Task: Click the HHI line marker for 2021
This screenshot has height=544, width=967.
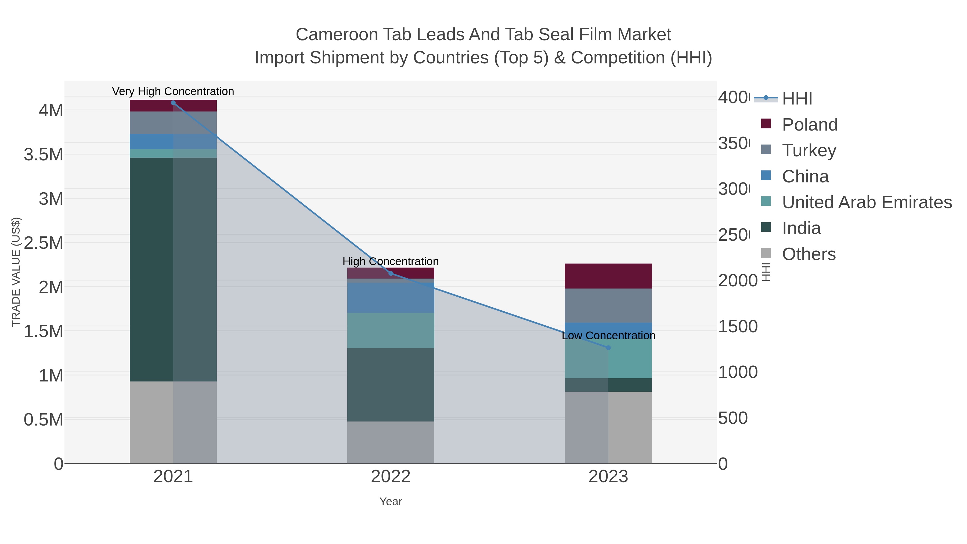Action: [x=173, y=103]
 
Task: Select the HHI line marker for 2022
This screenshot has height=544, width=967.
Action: [x=391, y=273]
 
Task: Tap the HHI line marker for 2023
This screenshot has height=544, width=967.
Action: [x=608, y=348]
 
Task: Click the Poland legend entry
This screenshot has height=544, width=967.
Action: [x=809, y=124]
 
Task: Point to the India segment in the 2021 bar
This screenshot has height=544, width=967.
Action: [x=173, y=269]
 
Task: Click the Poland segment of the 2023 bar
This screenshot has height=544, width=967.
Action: [x=608, y=276]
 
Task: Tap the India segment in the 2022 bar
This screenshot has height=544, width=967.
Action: [x=391, y=384]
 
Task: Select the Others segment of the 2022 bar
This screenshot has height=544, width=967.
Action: [x=391, y=442]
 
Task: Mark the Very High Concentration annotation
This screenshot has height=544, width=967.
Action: [x=173, y=91]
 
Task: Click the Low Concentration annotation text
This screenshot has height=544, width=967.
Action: [x=608, y=336]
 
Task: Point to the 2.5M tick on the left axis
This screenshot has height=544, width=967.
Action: [x=44, y=243]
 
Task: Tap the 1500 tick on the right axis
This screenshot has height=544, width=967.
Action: [x=738, y=326]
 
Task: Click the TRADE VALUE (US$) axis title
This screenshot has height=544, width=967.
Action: [x=16, y=272]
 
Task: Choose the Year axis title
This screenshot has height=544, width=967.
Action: [x=391, y=502]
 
